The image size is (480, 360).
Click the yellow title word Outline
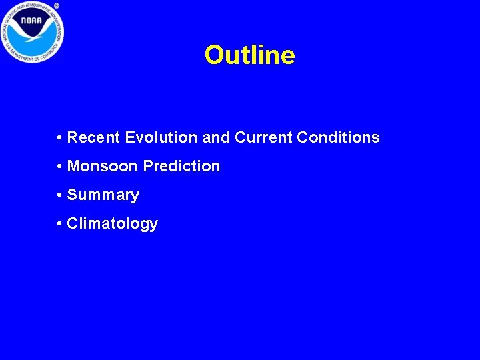[249, 55]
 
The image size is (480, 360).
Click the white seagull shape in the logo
[32, 37]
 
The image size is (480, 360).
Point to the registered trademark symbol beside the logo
[57, 5]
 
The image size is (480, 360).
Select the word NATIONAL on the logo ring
[10, 19]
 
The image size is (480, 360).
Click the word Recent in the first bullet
[94, 138]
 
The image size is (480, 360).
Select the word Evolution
[161, 138]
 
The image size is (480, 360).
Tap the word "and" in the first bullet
[215, 138]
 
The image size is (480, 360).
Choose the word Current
[263, 138]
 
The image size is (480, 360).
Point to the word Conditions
[338, 138]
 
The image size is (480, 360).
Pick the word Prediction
[181, 166]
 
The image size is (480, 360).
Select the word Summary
[103, 195]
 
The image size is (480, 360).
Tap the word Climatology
[112, 224]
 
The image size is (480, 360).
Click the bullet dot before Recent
[60, 139]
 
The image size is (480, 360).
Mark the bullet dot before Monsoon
[60, 167]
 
